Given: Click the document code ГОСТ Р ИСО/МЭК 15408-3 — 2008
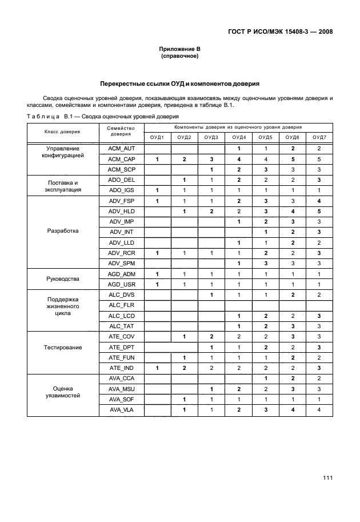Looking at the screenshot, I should coord(276,32).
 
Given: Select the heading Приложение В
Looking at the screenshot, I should coord(179,50).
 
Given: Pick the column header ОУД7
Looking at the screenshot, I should coord(319,138).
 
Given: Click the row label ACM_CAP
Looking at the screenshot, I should coord(121,159).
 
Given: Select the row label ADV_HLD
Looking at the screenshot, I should coord(121,212).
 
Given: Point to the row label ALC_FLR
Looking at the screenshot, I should coord(121,305).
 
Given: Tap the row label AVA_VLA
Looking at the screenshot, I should coord(121,410).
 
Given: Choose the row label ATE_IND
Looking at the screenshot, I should coord(121,368).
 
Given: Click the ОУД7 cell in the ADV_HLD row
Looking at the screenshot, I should coord(319,212).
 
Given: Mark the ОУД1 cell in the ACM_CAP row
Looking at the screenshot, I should coord(157,159).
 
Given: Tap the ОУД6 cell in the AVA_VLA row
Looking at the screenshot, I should coord(293,410).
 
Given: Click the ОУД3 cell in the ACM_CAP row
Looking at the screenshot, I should coord(211,159).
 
